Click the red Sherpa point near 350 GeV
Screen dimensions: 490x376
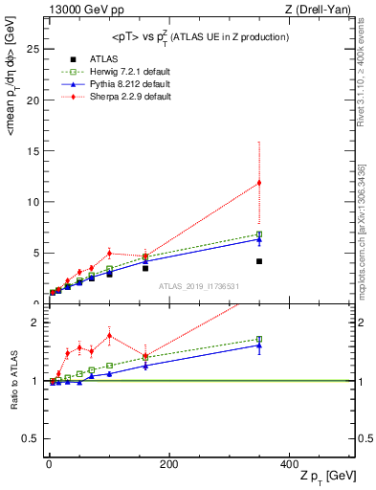coord(258,183)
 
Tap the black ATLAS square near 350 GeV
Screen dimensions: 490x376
coord(258,261)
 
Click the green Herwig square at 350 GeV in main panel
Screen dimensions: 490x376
coord(258,234)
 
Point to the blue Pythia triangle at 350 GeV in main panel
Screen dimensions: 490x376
coord(258,239)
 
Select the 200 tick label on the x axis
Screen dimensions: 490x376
coord(168,463)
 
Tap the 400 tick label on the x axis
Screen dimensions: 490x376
coord(289,463)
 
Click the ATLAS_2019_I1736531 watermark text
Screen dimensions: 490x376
coord(198,286)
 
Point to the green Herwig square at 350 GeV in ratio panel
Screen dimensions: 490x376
coord(258,339)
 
